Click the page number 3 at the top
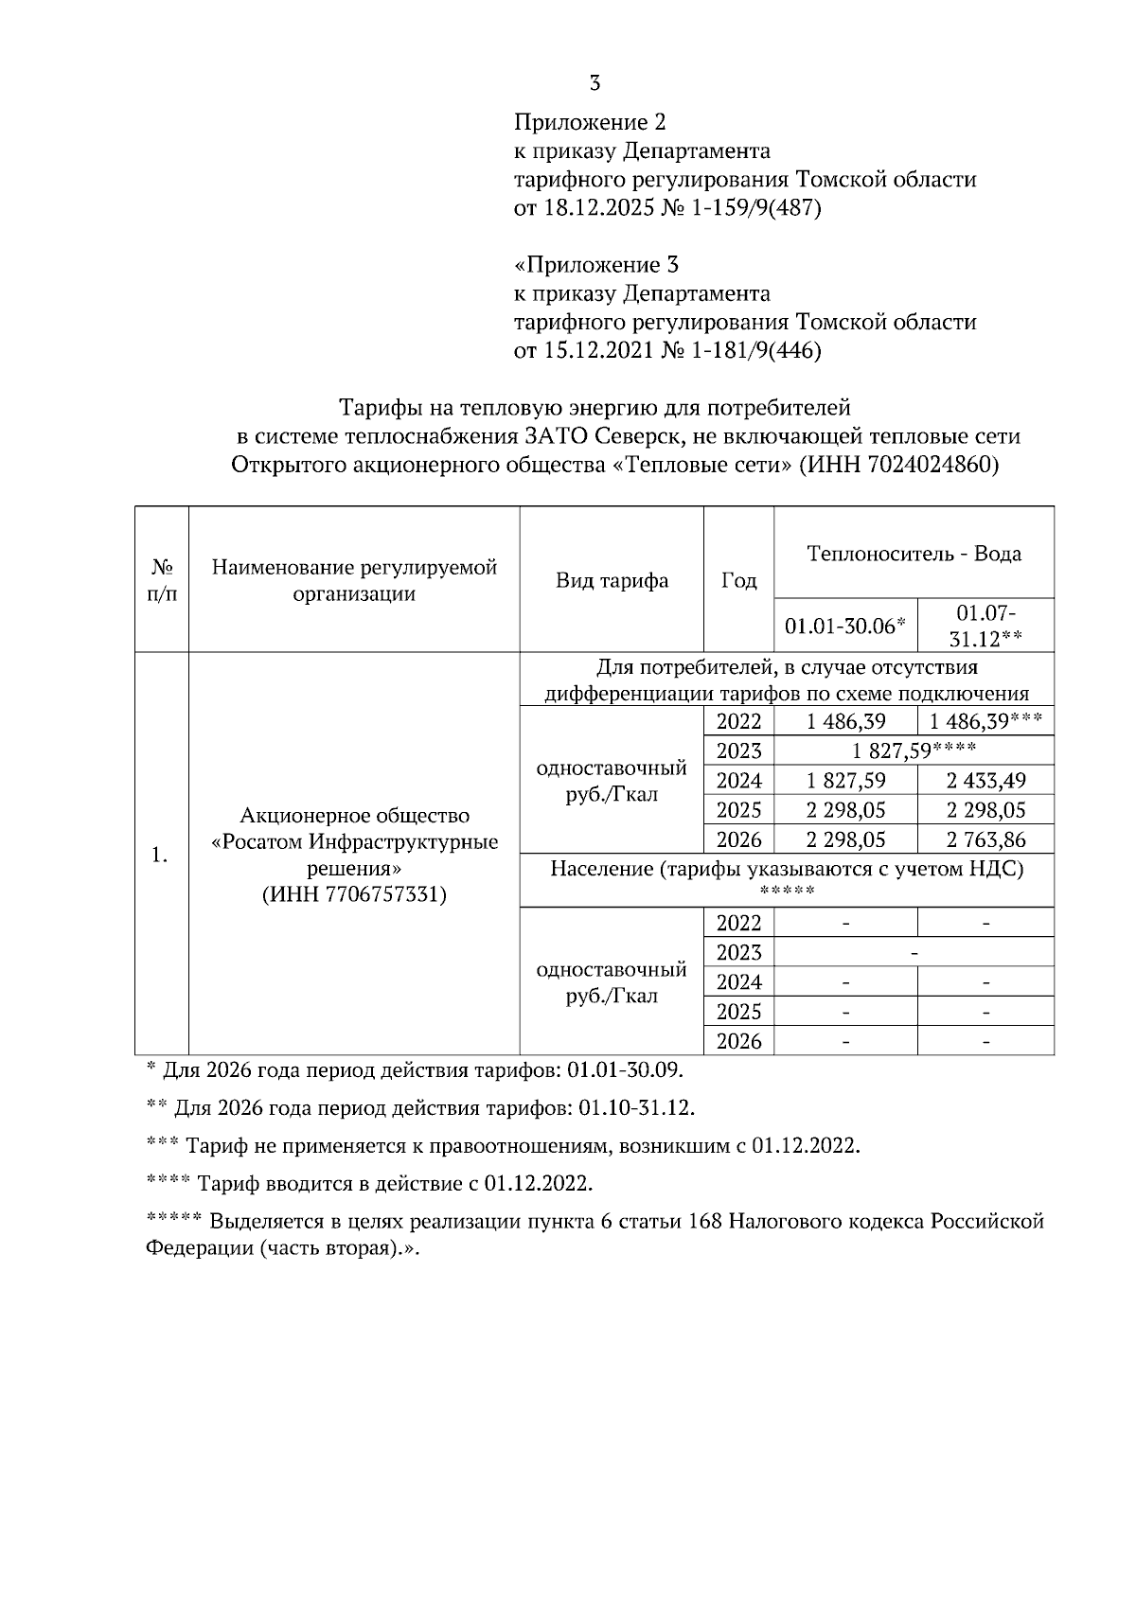pyautogui.click(x=595, y=83)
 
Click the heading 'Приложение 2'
pyautogui.click(x=590, y=122)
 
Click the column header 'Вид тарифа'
pyautogui.click(x=612, y=580)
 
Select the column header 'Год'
pyautogui.click(x=738, y=580)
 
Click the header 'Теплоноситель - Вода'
pyautogui.click(x=914, y=554)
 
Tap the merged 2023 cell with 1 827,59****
pyautogui.click(x=914, y=751)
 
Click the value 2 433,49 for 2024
pyautogui.click(x=985, y=781)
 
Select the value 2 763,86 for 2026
pyautogui.click(x=985, y=839)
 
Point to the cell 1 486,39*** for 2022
pyautogui.click(x=985, y=722)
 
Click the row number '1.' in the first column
pyautogui.click(x=161, y=855)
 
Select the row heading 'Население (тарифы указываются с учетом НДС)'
pyautogui.click(x=787, y=869)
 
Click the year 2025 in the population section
pyautogui.click(x=738, y=1012)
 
